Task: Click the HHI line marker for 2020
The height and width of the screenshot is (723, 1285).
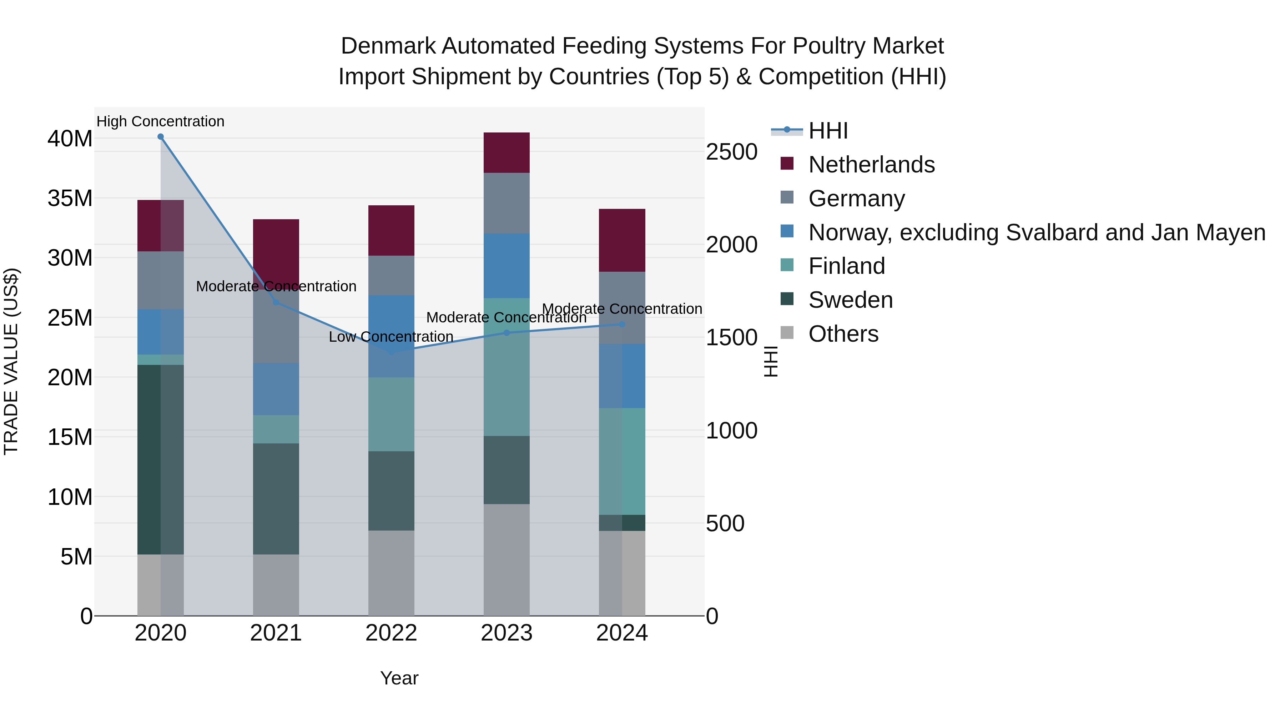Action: (161, 137)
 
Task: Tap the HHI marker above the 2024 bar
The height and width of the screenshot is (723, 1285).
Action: (622, 324)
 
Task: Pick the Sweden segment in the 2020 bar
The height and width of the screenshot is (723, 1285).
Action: (161, 459)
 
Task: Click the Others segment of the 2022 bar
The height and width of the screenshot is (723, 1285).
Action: (391, 573)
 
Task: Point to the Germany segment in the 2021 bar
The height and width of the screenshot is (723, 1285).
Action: (276, 327)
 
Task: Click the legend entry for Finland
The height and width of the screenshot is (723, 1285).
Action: (847, 266)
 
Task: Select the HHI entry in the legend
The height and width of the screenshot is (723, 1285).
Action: (828, 131)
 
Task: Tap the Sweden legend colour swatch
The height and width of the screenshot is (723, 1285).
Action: (787, 300)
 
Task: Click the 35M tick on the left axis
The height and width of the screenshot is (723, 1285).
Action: (70, 198)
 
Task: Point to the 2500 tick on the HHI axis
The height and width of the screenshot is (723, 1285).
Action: (732, 152)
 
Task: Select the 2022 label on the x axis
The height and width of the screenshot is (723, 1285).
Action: (391, 633)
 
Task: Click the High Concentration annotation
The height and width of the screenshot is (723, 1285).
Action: (161, 121)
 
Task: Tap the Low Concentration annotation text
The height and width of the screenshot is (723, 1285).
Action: (391, 337)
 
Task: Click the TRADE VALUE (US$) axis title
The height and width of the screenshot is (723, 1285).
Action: (11, 361)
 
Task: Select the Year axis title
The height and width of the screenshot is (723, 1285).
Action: (399, 678)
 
